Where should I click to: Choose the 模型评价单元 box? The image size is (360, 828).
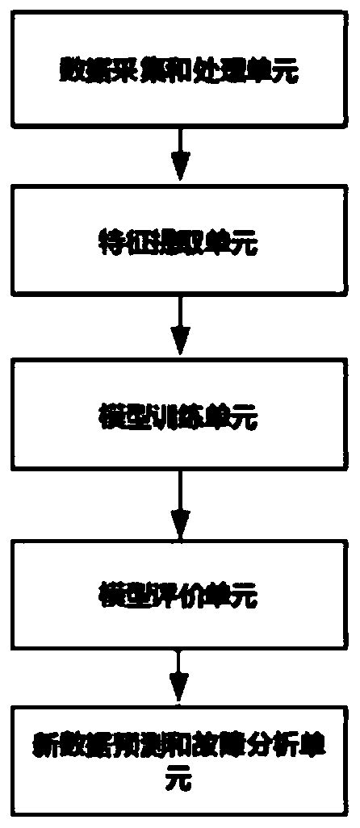click(x=180, y=596)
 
